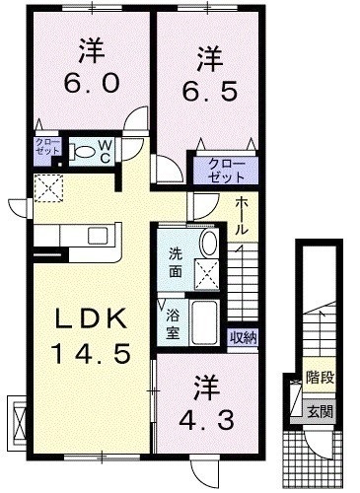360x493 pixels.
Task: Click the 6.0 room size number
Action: click(x=91, y=83)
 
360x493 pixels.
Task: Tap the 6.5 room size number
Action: click(x=210, y=91)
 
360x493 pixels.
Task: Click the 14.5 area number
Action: click(x=92, y=353)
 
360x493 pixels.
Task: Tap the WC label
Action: click(x=105, y=151)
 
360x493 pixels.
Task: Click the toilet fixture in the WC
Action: click(x=81, y=152)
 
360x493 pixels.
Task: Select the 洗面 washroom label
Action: click(x=176, y=263)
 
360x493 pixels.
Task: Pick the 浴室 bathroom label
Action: click(x=173, y=324)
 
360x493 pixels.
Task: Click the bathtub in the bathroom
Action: click(x=204, y=322)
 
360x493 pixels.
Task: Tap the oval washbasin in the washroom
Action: click(x=209, y=243)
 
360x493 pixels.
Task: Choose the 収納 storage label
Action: click(x=244, y=337)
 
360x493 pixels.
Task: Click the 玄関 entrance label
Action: click(x=320, y=411)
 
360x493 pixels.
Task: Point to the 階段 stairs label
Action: click(x=320, y=378)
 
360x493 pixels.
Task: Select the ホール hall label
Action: click(x=242, y=216)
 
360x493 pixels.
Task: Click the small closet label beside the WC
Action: click(x=48, y=147)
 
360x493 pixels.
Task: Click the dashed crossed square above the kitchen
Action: click(x=48, y=188)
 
